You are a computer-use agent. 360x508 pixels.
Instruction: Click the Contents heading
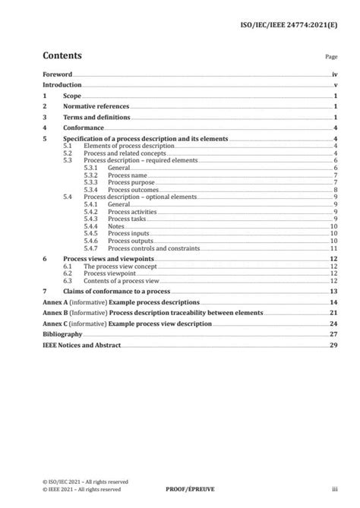pos(62,56)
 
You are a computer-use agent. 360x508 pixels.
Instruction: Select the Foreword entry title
pos(57,75)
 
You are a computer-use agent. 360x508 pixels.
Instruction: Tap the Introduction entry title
pos(63,86)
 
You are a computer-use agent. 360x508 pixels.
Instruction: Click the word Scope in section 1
pos(71,97)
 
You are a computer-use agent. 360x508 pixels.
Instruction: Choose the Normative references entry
pos(96,108)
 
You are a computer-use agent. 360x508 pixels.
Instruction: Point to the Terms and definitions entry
pos(96,118)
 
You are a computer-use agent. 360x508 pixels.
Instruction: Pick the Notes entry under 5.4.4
pos(117,226)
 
